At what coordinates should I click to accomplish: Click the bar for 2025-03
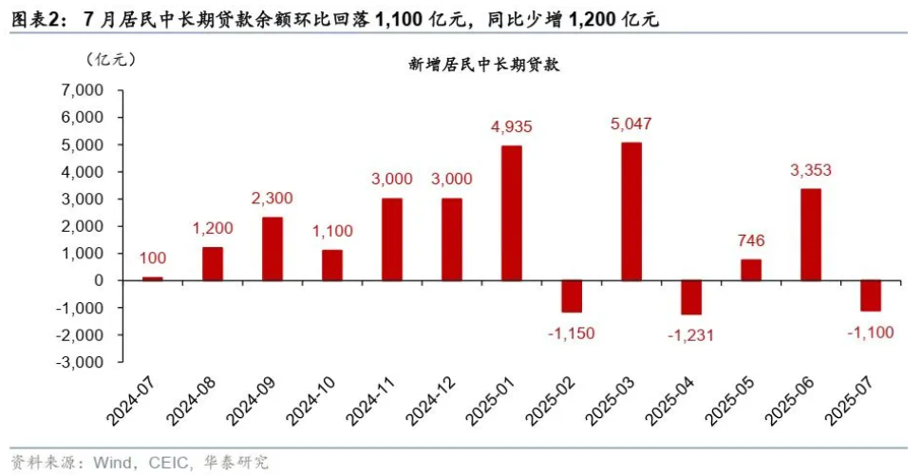[631, 211]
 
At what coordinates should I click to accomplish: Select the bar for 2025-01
[512, 213]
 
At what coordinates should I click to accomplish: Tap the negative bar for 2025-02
[572, 295]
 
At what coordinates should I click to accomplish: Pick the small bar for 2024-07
[153, 278]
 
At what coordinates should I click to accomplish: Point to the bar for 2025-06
[810, 234]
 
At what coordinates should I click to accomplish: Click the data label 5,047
[631, 124]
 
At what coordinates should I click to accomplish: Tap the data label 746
[750, 241]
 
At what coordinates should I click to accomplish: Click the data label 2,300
[273, 199]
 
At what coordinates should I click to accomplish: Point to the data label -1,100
[870, 331]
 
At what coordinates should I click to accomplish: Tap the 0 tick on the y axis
[99, 280]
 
